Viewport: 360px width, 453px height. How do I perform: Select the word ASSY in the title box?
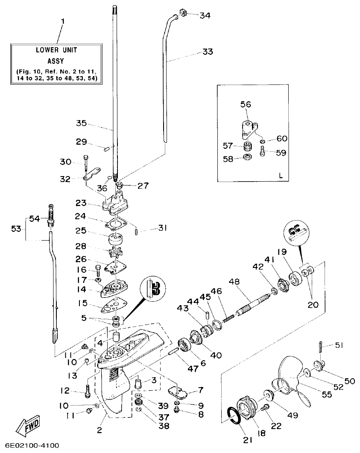[x=56, y=61]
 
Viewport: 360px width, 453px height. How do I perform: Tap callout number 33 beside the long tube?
[x=208, y=52]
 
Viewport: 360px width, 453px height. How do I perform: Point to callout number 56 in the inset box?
[x=246, y=104]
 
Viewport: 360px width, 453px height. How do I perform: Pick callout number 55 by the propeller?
[x=327, y=395]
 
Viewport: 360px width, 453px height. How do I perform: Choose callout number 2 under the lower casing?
[x=100, y=430]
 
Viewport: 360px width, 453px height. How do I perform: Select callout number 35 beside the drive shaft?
[x=81, y=124]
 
